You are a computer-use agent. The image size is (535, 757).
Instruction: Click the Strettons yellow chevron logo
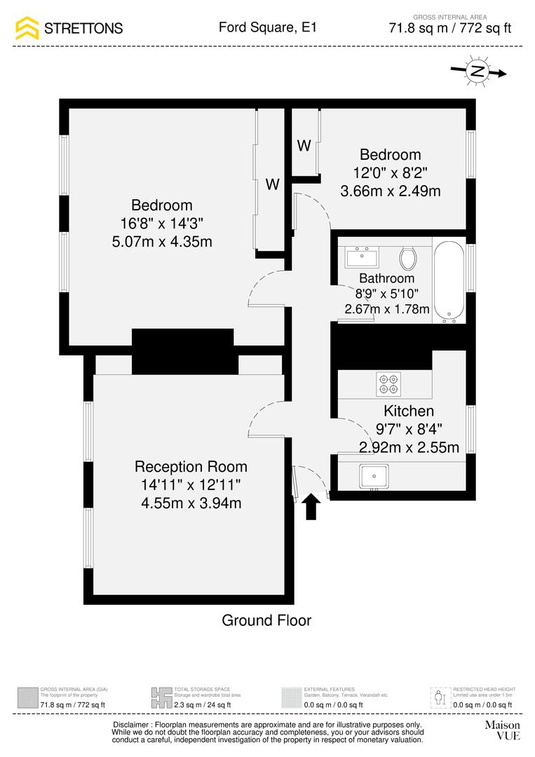tap(27, 28)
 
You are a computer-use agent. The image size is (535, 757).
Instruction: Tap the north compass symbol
tap(478, 71)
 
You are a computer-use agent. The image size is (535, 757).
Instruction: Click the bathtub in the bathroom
tap(448, 280)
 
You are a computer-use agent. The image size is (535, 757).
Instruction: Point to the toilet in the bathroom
tap(407, 259)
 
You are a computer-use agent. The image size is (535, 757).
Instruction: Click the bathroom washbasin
tap(362, 257)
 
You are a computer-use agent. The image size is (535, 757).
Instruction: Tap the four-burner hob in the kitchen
tap(388, 382)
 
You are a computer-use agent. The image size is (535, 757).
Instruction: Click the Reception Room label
tap(191, 467)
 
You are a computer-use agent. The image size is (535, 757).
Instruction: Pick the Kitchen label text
tap(408, 411)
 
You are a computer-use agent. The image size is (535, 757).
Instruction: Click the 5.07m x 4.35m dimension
tap(161, 242)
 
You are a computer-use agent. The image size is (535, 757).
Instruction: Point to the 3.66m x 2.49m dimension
tap(390, 190)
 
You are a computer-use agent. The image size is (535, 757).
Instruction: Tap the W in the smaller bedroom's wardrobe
tap(304, 146)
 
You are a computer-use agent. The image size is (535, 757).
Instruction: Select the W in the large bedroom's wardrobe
tap(272, 185)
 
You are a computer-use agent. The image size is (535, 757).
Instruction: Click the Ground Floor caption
tap(266, 620)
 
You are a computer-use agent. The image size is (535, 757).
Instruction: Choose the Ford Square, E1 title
tap(267, 28)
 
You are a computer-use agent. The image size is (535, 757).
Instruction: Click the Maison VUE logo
tap(502, 730)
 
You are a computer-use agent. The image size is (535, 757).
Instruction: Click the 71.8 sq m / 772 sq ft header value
tap(449, 29)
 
